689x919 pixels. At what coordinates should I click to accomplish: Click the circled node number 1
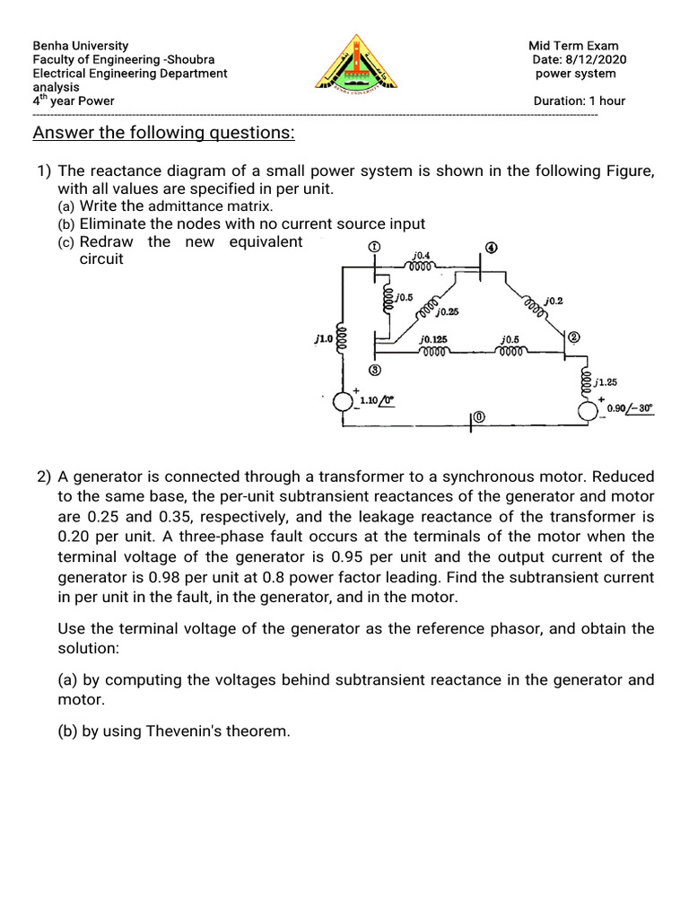pos(374,247)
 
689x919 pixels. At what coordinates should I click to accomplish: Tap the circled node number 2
pos(573,337)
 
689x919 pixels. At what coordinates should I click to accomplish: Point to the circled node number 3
pos(374,370)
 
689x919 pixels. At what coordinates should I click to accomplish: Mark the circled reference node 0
pos(479,417)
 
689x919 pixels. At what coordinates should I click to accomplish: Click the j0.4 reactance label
pos(421,256)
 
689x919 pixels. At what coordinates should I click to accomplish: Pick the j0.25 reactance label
pos(447,312)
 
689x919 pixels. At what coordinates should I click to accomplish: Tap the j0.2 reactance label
pos(554,300)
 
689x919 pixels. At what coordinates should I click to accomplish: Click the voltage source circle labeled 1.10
pos(343,402)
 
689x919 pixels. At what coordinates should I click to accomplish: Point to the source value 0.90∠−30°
pos(630,407)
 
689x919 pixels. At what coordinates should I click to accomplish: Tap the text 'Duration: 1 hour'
pos(579,101)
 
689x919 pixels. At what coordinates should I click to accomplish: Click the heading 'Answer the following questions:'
pos(163,134)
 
